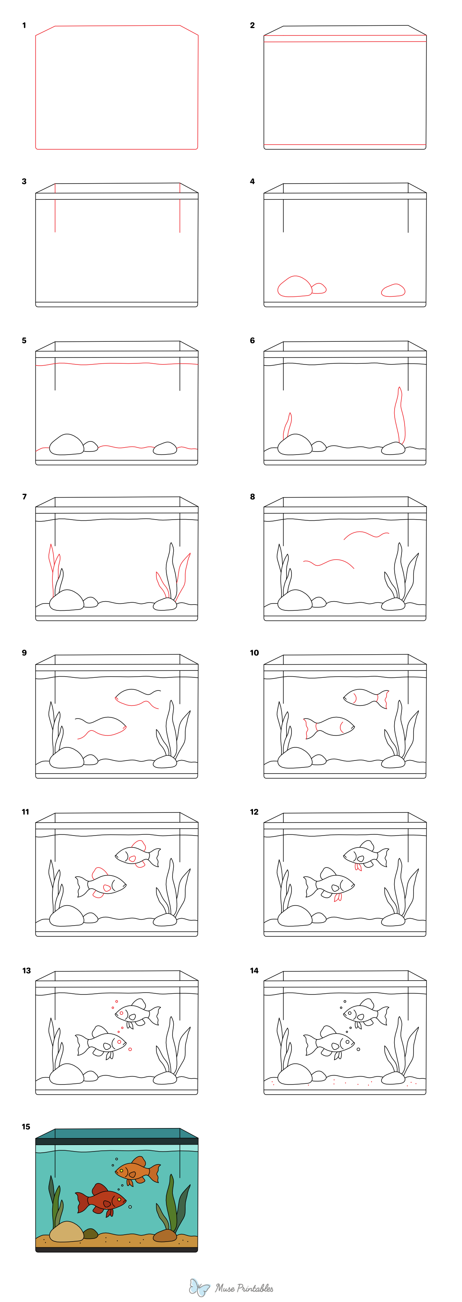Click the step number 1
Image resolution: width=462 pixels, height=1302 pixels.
(x=24, y=25)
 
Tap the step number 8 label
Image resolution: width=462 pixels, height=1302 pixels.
(x=252, y=497)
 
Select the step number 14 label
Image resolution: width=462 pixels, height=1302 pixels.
(x=254, y=970)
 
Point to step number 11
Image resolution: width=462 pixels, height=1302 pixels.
(x=25, y=812)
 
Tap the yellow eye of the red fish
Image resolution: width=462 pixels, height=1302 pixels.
(x=119, y=1199)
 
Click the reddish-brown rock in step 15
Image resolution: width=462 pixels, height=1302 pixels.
(x=164, y=1236)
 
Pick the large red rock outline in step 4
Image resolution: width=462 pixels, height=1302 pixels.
(x=295, y=287)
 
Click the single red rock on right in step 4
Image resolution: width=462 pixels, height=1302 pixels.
(x=393, y=290)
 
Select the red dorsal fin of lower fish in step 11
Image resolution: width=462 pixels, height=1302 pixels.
(x=99, y=872)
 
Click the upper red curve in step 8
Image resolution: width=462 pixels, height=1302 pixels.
(x=366, y=534)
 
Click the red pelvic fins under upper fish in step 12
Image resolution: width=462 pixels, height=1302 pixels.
(x=358, y=867)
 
